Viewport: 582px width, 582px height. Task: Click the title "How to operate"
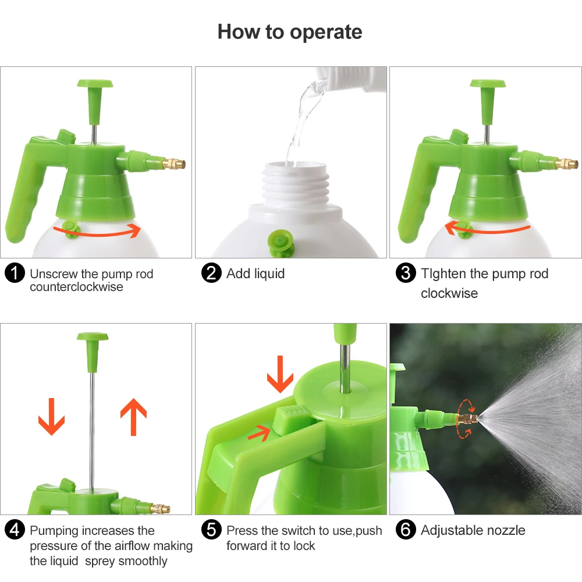coord(289,32)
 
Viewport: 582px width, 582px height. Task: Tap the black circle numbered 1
coord(15,273)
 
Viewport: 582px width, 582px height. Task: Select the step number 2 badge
coord(211,273)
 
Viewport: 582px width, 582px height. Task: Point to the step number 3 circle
coord(406,273)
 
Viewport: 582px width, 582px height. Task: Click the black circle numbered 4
coord(15,530)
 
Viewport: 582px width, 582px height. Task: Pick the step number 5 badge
coord(211,530)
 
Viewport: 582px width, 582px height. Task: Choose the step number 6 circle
coord(406,530)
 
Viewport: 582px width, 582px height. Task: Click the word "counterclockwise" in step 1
coord(76,287)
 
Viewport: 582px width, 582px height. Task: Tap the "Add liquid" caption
coord(255,274)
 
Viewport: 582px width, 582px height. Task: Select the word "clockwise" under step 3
coord(449,293)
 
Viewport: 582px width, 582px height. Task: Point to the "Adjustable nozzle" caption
coord(473,530)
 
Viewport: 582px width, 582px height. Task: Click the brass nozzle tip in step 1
coord(173,164)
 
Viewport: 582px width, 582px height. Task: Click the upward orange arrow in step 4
coord(134,417)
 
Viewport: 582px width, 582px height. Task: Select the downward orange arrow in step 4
coord(52,417)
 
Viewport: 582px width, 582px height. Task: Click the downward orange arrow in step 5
coord(281,374)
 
